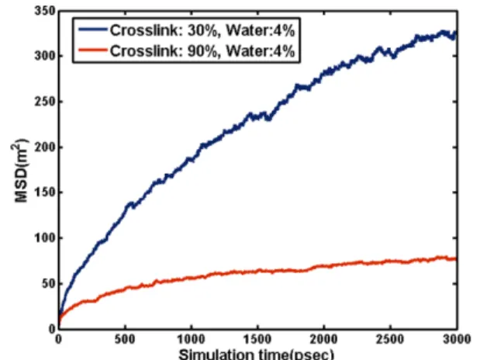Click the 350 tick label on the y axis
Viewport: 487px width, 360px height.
tap(45, 11)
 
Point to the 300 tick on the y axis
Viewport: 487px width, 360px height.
tap(45, 56)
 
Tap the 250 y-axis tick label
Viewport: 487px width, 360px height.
tap(45, 102)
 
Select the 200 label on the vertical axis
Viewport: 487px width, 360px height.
tap(45, 147)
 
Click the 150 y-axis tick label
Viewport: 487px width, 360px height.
tap(45, 192)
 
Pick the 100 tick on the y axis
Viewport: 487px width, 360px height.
tap(45, 238)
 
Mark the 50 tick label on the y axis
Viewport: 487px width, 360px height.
tap(48, 284)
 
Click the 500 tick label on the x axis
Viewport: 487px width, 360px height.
tap(125, 339)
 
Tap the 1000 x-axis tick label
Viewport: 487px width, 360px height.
tap(191, 339)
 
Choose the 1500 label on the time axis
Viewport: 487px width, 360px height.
tap(257, 339)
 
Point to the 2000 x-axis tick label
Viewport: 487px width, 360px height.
tap(323, 339)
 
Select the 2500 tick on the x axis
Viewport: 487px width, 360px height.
tap(390, 339)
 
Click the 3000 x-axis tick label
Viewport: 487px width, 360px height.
tap(457, 339)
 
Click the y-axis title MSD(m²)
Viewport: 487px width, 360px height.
tap(21, 170)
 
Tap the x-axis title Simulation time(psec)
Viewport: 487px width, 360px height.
tap(256, 355)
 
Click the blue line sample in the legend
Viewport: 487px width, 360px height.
tap(92, 29)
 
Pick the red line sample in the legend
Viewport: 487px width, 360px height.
tap(92, 50)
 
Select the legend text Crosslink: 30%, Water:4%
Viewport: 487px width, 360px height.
tap(202, 30)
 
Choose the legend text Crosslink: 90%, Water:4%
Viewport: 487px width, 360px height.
tap(202, 50)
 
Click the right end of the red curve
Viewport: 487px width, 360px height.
tap(456, 258)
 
